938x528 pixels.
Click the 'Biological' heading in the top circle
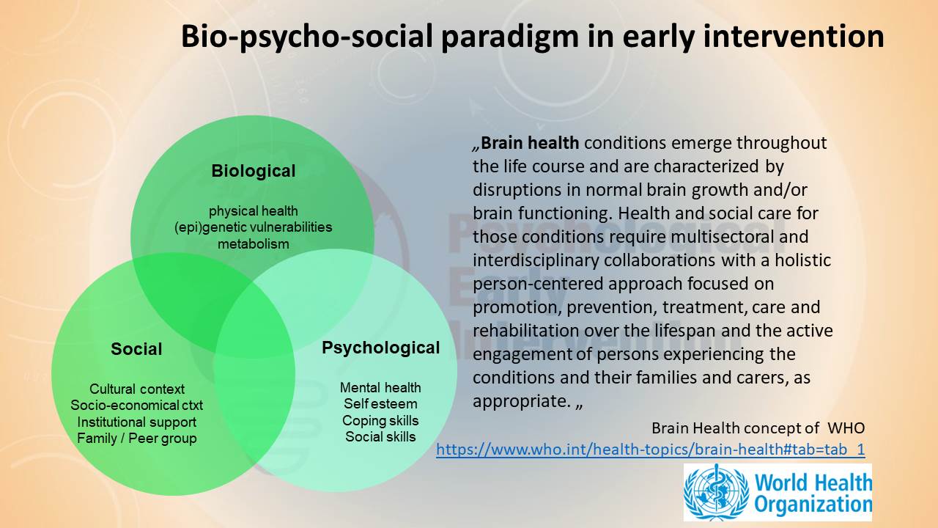click(254, 171)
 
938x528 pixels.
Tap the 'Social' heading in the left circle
click(136, 349)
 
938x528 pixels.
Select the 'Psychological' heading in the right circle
click(380, 348)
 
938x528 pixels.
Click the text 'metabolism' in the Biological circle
click(254, 244)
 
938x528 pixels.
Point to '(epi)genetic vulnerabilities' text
click(254, 227)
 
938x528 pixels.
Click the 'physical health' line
click(254, 211)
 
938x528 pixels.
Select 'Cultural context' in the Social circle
click(137, 389)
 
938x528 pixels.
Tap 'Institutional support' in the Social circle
click(137, 422)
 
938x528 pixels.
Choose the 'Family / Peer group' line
click(137, 439)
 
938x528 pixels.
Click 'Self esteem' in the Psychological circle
click(380, 404)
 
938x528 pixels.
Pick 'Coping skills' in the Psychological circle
click(380, 421)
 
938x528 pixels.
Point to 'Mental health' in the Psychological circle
click(380, 388)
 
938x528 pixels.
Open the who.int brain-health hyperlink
click(650, 450)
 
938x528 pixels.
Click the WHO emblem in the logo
click(717, 492)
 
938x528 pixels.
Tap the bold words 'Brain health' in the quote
click(530, 143)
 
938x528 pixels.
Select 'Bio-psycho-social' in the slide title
click(307, 37)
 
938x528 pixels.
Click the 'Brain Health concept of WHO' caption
click(758, 428)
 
